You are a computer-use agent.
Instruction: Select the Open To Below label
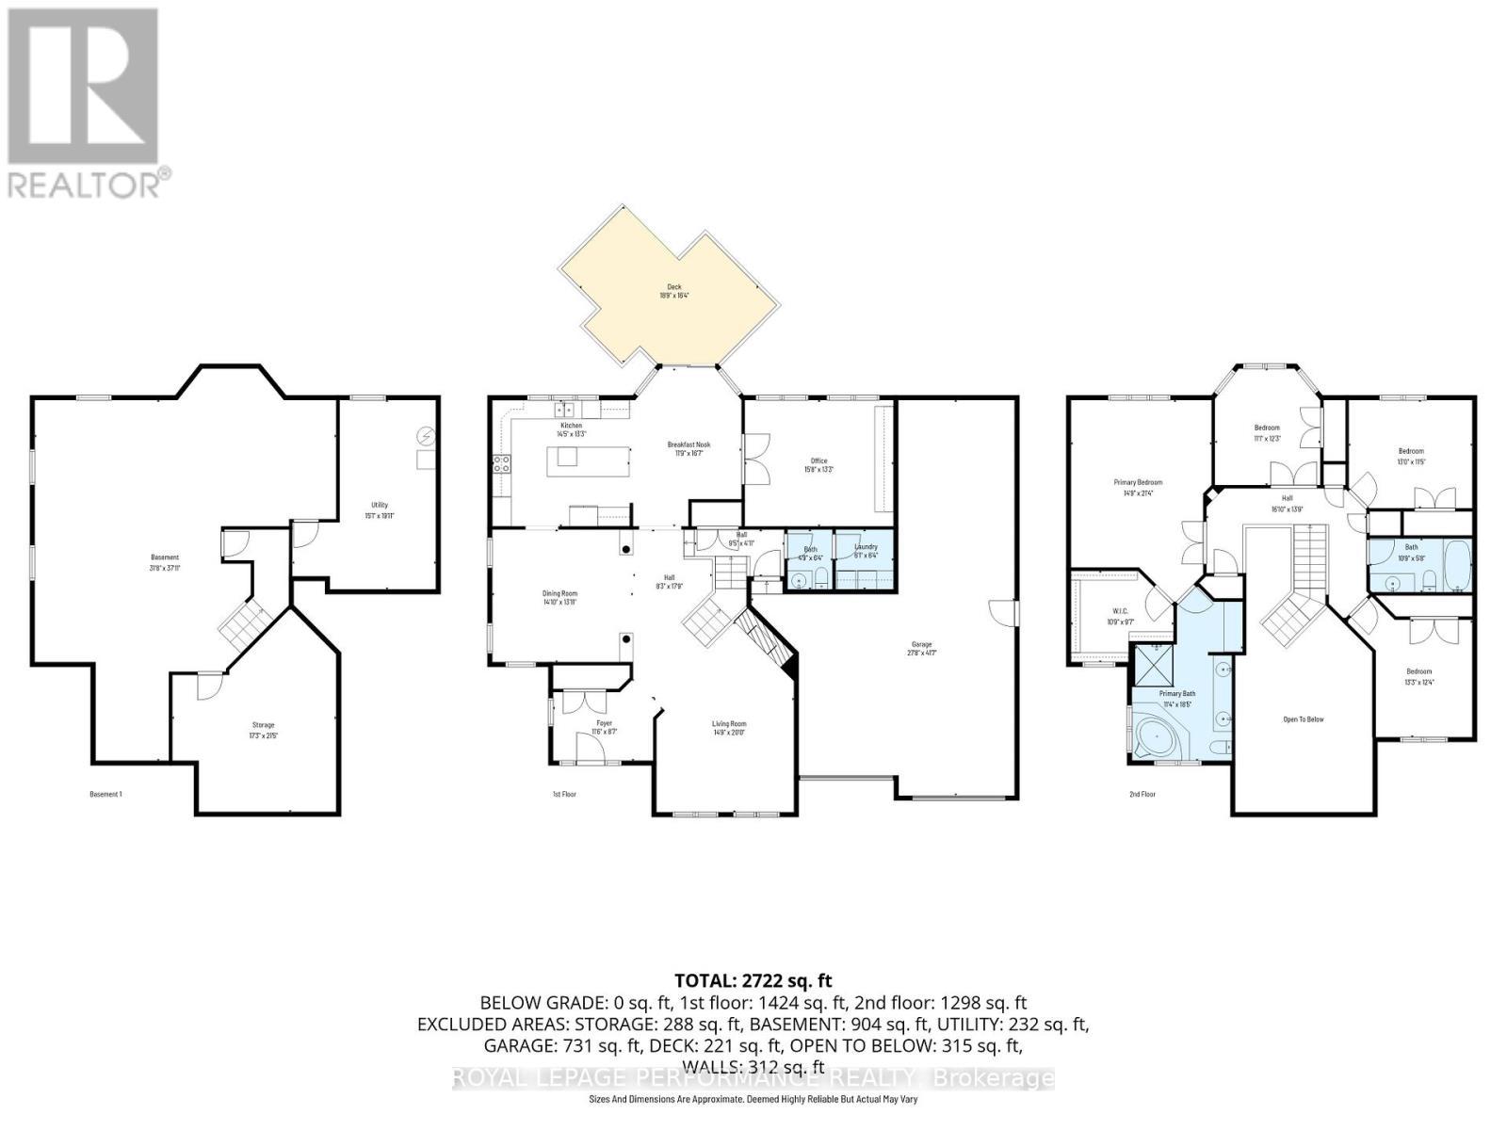1304,719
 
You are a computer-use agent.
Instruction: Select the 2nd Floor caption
1142,795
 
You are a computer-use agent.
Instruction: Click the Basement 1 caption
105,795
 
